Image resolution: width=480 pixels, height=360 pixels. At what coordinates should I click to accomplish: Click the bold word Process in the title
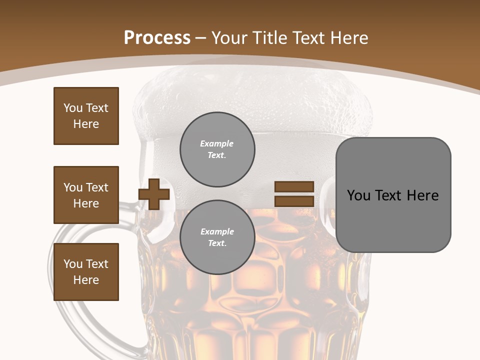click(x=157, y=38)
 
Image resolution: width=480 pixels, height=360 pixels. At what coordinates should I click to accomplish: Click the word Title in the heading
click(x=272, y=38)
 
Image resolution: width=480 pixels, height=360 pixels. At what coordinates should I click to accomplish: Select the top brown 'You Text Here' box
click(x=86, y=116)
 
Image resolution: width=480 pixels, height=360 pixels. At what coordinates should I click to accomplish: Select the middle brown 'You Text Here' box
click(x=86, y=195)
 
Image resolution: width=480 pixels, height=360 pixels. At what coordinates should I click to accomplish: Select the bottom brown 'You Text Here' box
click(x=86, y=272)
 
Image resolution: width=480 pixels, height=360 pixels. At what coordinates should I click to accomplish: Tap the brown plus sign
click(x=153, y=194)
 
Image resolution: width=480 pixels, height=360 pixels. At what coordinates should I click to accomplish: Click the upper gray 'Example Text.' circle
click(x=217, y=149)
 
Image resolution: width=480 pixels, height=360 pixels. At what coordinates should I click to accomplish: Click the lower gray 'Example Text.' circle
click(x=217, y=237)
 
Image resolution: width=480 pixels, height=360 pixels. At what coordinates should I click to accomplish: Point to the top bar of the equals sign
click(x=294, y=187)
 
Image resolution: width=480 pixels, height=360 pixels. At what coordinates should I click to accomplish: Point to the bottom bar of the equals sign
click(x=294, y=201)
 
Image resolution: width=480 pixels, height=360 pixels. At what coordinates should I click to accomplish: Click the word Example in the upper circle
click(x=217, y=144)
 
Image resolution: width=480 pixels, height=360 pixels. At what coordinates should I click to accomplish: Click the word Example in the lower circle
click(x=217, y=232)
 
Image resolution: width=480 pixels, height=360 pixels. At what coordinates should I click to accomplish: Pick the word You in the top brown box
click(x=73, y=108)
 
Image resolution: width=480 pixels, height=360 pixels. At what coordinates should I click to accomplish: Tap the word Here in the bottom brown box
click(x=86, y=280)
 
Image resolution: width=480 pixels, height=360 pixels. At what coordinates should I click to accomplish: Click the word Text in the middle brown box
click(x=96, y=187)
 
